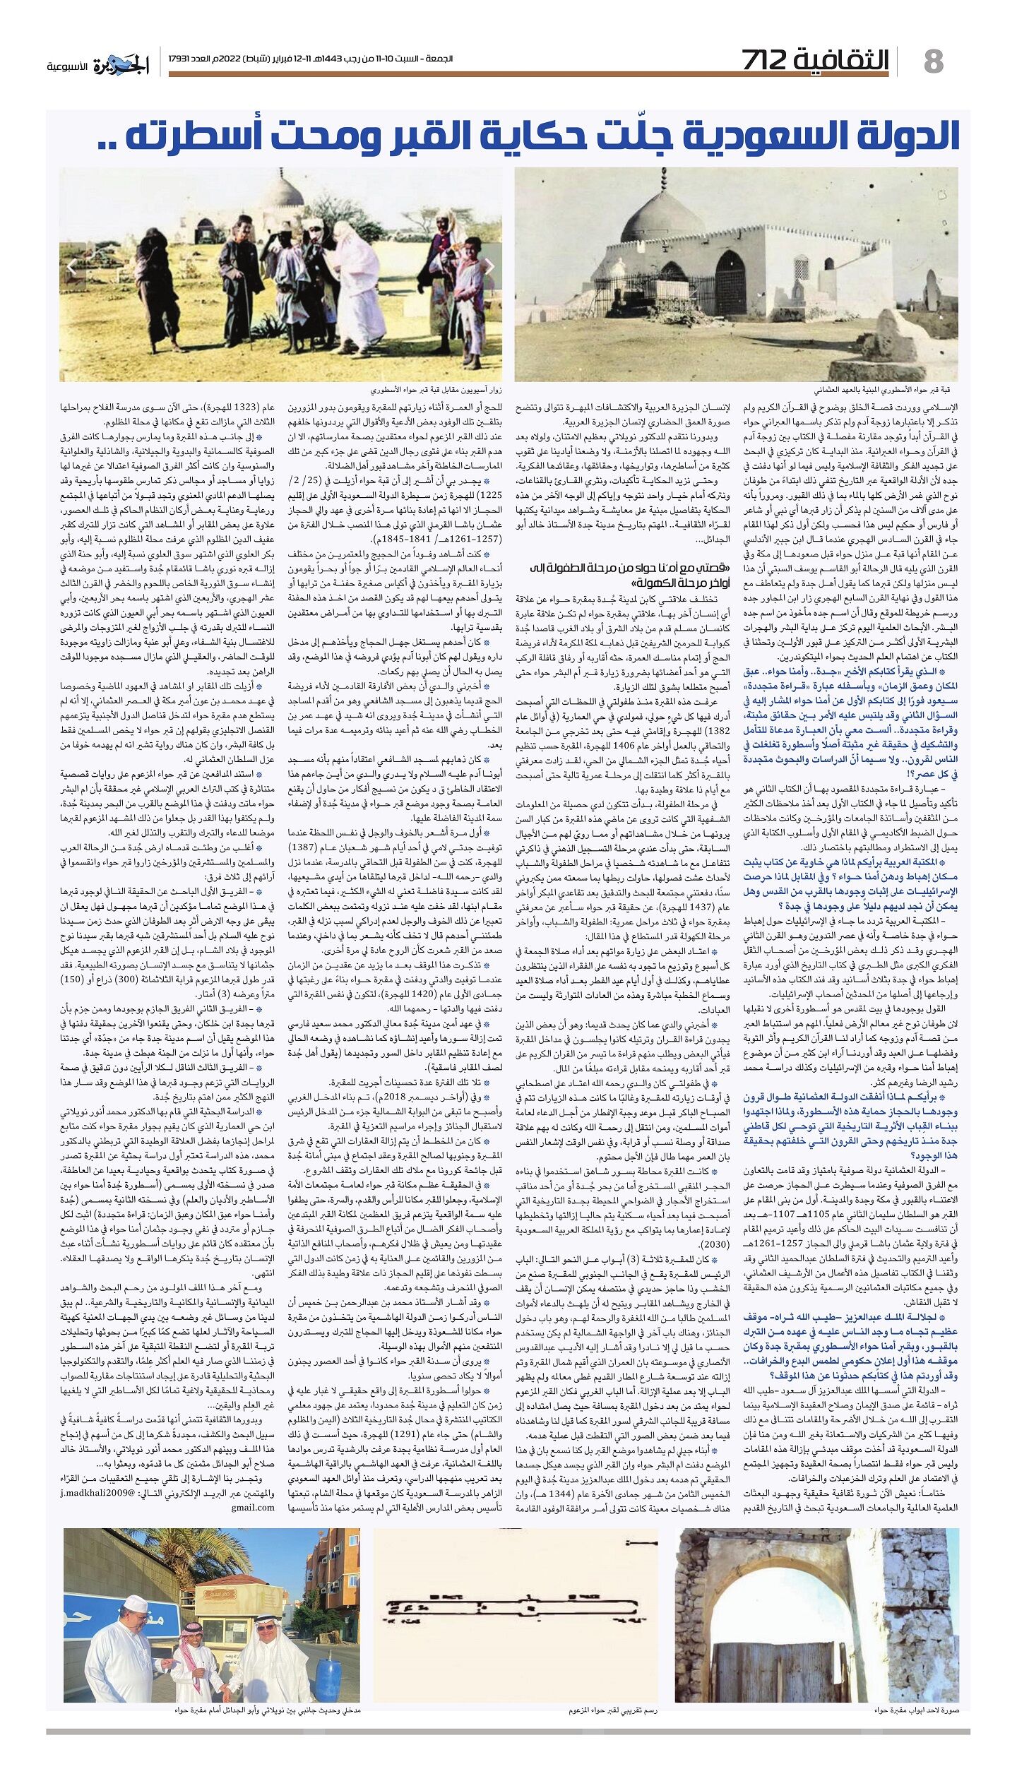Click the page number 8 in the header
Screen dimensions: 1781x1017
pyautogui.click(x=933, y=62)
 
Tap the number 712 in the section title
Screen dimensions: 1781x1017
pyautogui.click(x=773, y=61)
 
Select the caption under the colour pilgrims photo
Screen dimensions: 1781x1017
pyautogui.click(x=437, y=390)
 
